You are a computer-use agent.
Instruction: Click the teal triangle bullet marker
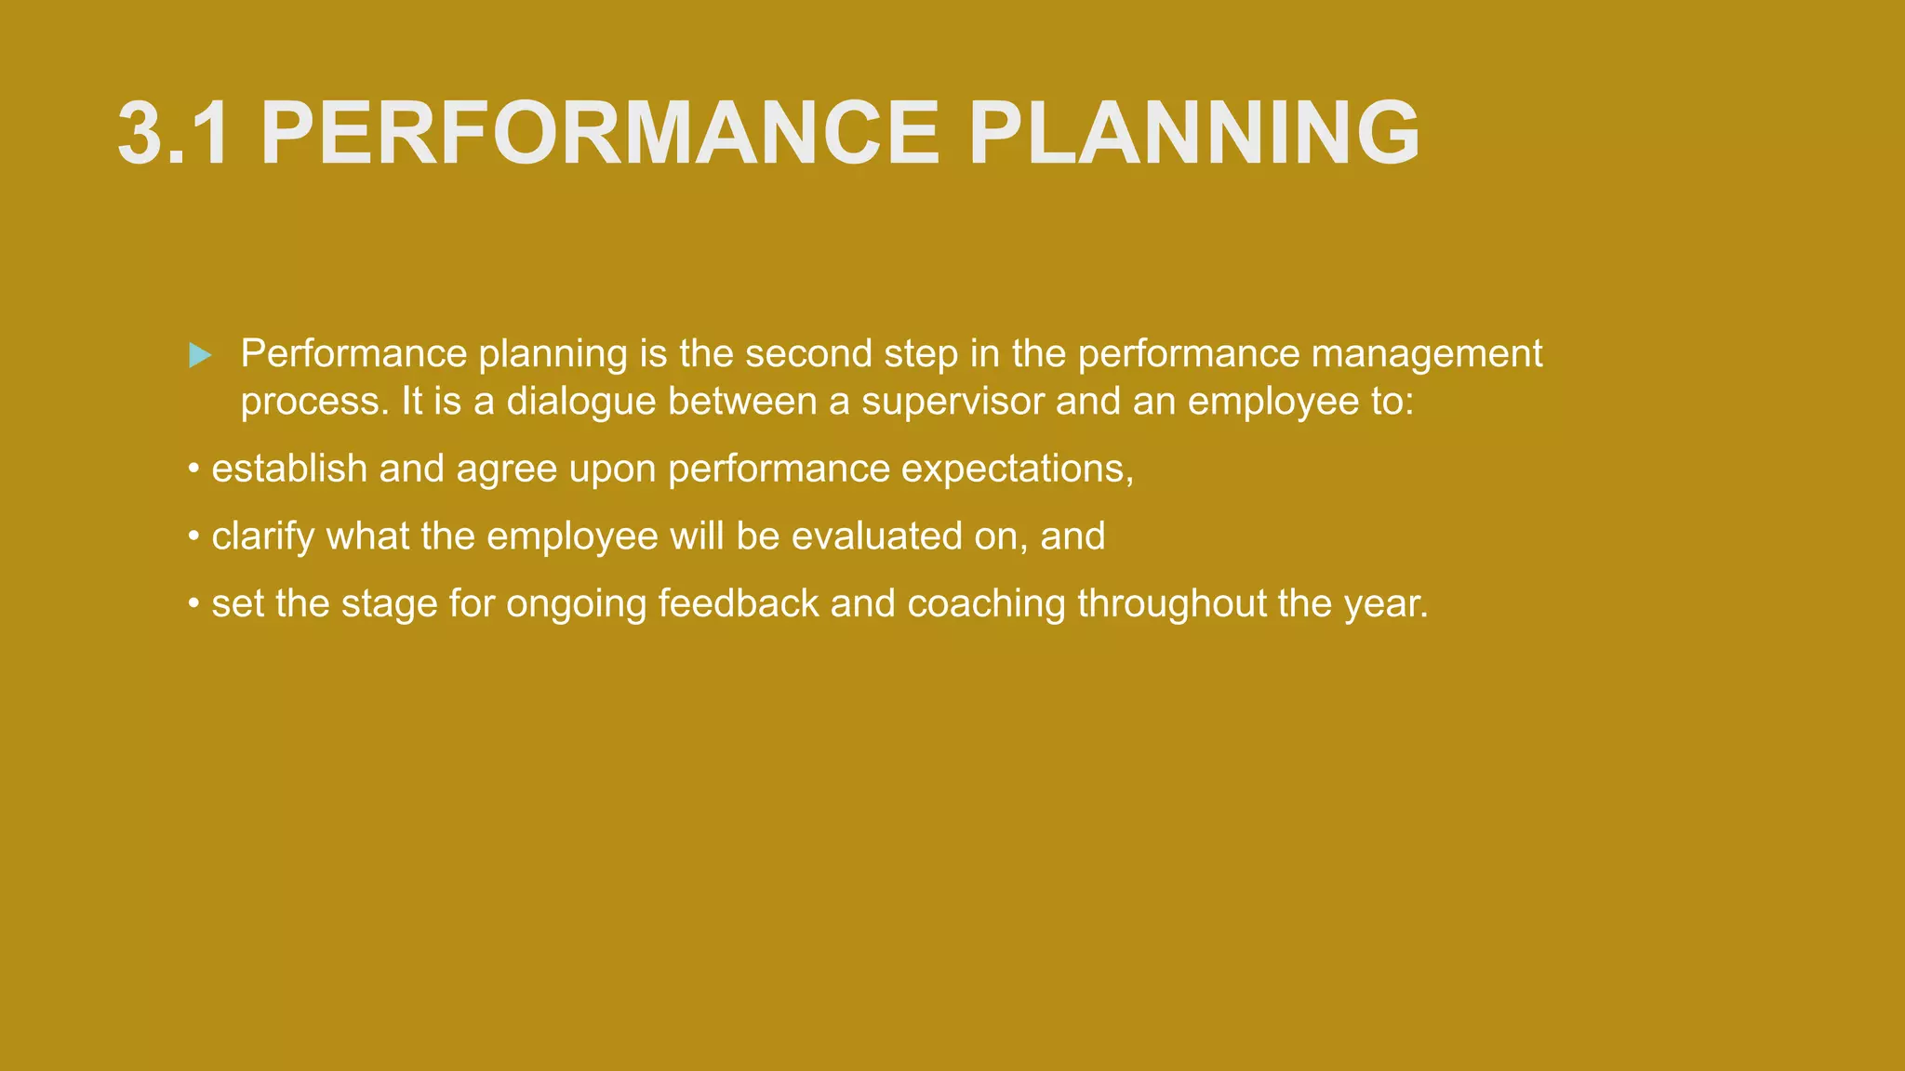tap(200, 355)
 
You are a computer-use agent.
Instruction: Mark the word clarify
tap(263, 536)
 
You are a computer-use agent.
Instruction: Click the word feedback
tap(739, 603)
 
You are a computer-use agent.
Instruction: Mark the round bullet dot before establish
tap(193, 469)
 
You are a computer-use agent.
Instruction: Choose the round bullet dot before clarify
tap(193, 537)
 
